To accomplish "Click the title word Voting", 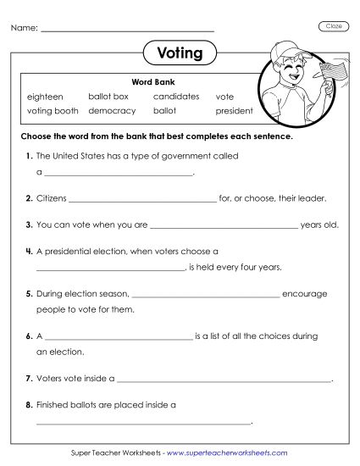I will click(180, 53).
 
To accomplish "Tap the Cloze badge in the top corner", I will click(334, 27).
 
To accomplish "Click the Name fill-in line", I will click(127, 31).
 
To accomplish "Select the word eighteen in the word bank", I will click(45, 97).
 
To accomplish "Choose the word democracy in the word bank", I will click(111, 111).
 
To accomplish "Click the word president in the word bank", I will click(234, 111).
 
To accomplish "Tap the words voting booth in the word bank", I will click(53, 111).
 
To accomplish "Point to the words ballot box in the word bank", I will click(108, 97).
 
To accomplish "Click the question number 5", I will click(29, 295).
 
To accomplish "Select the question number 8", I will click(29, 405).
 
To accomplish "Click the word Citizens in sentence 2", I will click(51, 198).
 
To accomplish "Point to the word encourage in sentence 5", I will click(304, 295).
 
